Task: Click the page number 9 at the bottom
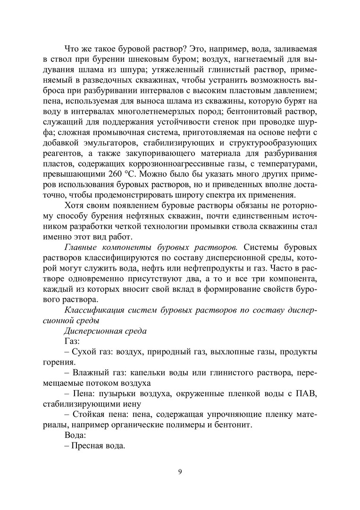pyautogui.click(x=180, y=473)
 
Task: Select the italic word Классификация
pyautogui.click(x=92, y=309)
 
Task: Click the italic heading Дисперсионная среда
pyautogui.click(x=105, y=331)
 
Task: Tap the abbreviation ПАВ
pyautogui.click(x=307, y=395)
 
